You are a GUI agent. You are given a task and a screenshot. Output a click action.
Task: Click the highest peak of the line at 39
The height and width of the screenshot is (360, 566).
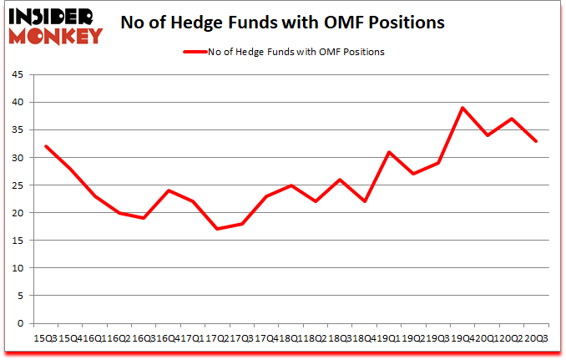(x=462, y=108)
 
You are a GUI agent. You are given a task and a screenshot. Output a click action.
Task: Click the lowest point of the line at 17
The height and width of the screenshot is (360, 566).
(x=217, y=229)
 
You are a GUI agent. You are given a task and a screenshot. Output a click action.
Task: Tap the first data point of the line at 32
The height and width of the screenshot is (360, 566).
(x=45, y=146)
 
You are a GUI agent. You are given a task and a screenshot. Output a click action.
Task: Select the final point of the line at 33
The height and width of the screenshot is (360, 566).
(x=536, y=141)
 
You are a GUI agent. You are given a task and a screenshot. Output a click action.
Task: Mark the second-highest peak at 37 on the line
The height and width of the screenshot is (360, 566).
(x=512, y=119)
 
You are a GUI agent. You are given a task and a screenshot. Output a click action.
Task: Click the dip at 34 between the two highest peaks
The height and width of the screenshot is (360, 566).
(x=488, y=135)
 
